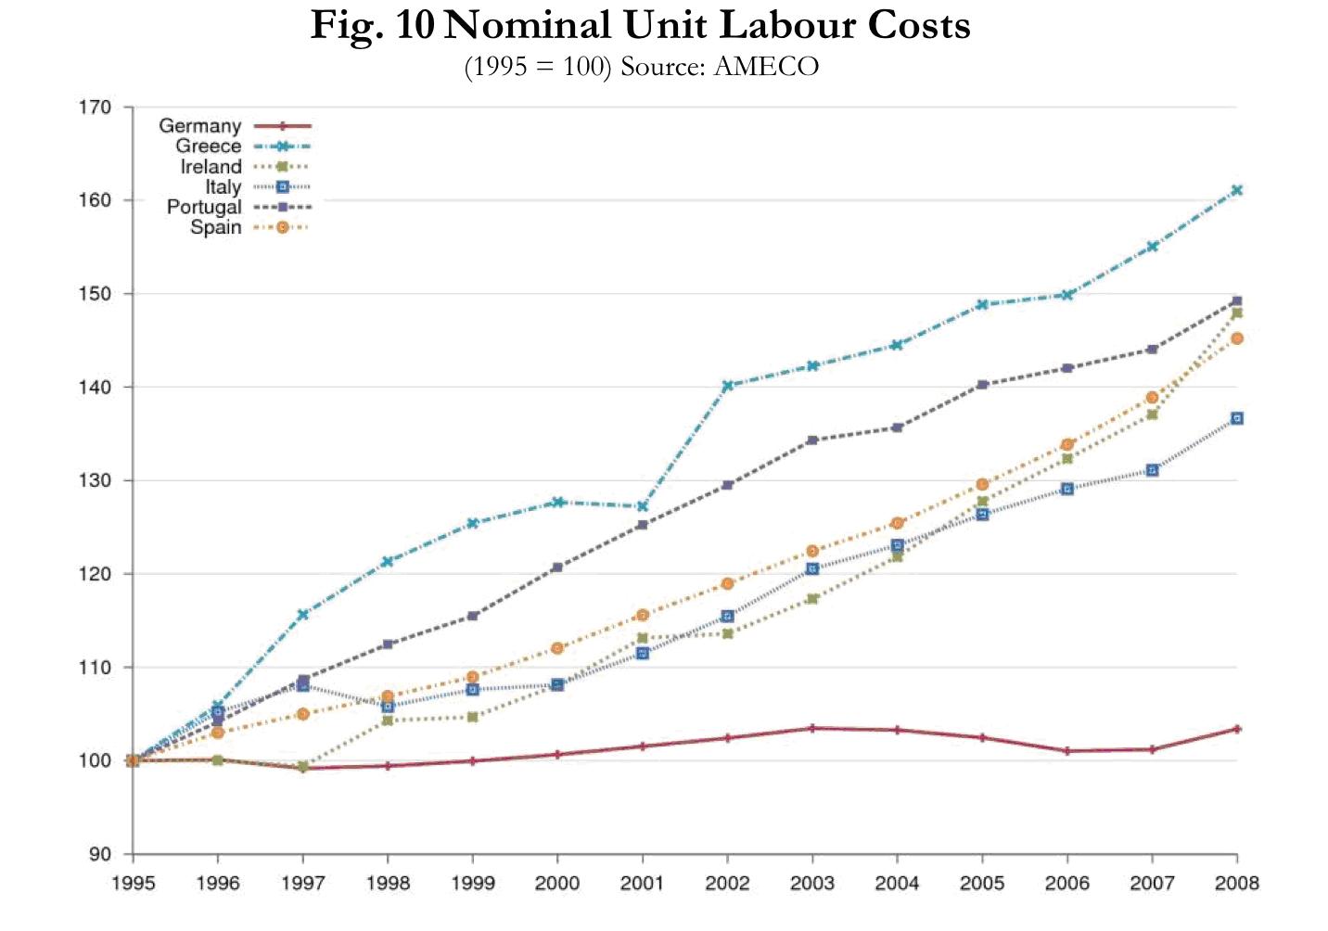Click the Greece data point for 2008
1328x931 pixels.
[1236, 190]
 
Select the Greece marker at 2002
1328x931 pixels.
[727, 385]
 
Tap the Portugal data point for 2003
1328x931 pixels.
[812, 440]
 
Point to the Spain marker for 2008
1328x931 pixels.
[1236, 338]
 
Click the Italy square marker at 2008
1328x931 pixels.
[1236, 418]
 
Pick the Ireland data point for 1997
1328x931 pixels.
[303, 766]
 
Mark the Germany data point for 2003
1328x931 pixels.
[812, 728]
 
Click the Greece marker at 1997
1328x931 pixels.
[303, 614]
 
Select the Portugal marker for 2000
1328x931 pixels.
[557, 567]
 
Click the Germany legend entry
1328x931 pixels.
[199, 126]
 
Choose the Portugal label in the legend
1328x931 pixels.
[204, 207]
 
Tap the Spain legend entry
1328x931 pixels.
[215, 227]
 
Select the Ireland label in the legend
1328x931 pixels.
[211, 167]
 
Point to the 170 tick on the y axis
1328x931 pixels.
[94, 108]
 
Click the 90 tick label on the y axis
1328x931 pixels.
[99, 854]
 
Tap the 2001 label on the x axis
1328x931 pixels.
[642, 883]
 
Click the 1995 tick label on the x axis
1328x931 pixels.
[134, 883]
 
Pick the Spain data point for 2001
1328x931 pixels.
[642, 615]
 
